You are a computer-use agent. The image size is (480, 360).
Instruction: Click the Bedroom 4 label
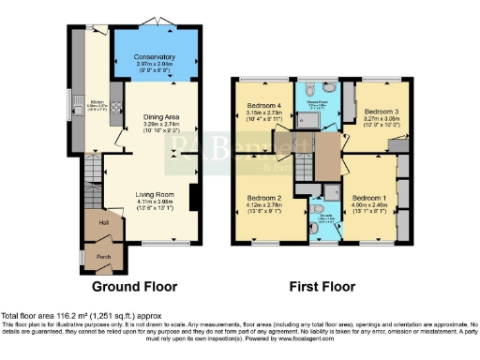pyautogui.click(x=263, y=105)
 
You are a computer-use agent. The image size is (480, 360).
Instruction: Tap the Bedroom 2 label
pyautogui.click(x=263, y=199)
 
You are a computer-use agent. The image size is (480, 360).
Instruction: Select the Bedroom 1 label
pyautogui.click(x=368, y=199)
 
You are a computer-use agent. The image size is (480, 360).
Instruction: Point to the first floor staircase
pyautogui.click(x=307, y=168)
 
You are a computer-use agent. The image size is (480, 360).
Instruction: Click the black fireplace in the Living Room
pyautogui.click(x=192, y=200)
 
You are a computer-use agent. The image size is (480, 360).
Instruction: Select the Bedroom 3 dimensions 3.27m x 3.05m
pyautogui.click(x=372, y=119)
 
